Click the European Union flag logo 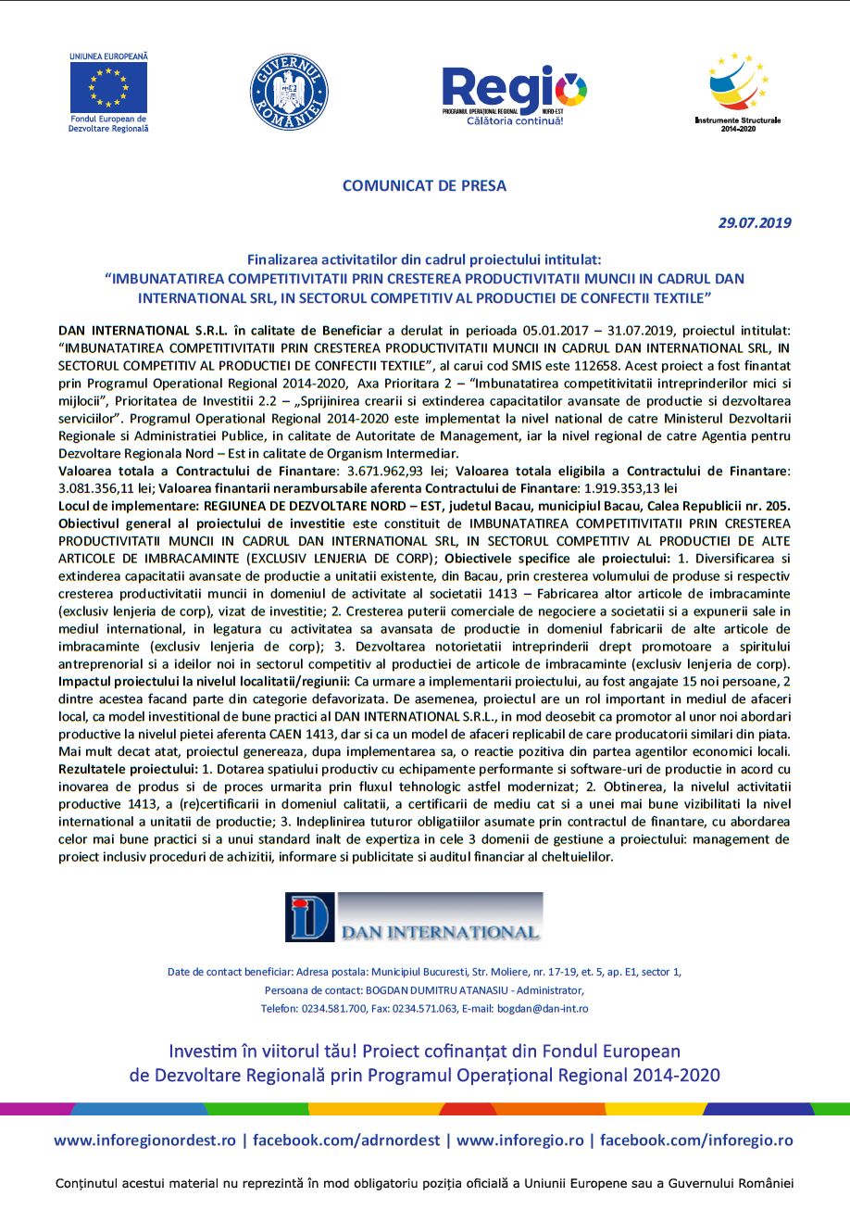pyautogui.click(x=108, y=88)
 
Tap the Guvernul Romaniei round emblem pyautogui.click(x=288, y=93)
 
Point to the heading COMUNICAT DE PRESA pyautogui.click(x=425, y=185)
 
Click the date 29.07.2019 pyautogui.click(x=755, y=222)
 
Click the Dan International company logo pyautogui.click(x=414, y=917)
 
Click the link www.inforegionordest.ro pyautogui.click(x=144, y=1140)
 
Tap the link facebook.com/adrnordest pyautogui.click(x=346, y=1140)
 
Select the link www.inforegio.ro pyautogui.click(x=522, y=1140)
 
